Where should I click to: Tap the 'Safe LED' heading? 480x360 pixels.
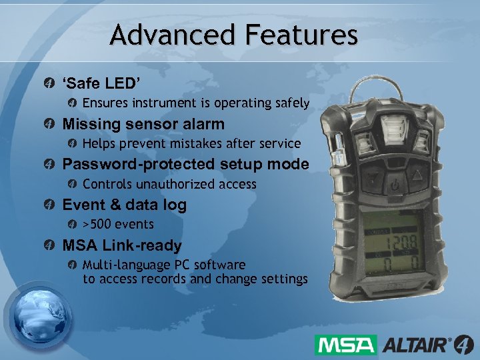(101, 84)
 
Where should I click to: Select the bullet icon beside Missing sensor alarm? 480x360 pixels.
(49, 124)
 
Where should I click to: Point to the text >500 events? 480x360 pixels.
(118, 224)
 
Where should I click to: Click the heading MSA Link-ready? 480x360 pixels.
(121, 245)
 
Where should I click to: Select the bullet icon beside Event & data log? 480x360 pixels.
(49, 205)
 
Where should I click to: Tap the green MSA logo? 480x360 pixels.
(346, 345)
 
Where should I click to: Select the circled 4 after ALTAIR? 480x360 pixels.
(463, 345)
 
